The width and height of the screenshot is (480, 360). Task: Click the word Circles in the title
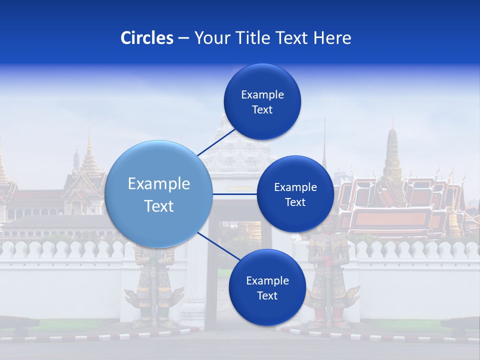point(146,38)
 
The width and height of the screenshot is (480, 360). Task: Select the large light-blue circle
point(158,194)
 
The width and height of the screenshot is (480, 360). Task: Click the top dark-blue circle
point(262,102)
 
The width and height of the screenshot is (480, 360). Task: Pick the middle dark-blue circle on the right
point(295,194)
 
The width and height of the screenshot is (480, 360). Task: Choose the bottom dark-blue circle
point(267,287)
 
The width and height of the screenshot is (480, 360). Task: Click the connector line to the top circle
point(217,142)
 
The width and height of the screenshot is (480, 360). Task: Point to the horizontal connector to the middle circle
point(235,194)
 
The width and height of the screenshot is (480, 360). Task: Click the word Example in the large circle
point(158,184)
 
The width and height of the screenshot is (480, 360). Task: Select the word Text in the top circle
point(262,110)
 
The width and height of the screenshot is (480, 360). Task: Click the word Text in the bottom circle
point(267,296)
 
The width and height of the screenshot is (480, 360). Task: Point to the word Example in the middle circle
point(295,187)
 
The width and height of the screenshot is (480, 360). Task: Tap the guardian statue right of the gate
point(330,280)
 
